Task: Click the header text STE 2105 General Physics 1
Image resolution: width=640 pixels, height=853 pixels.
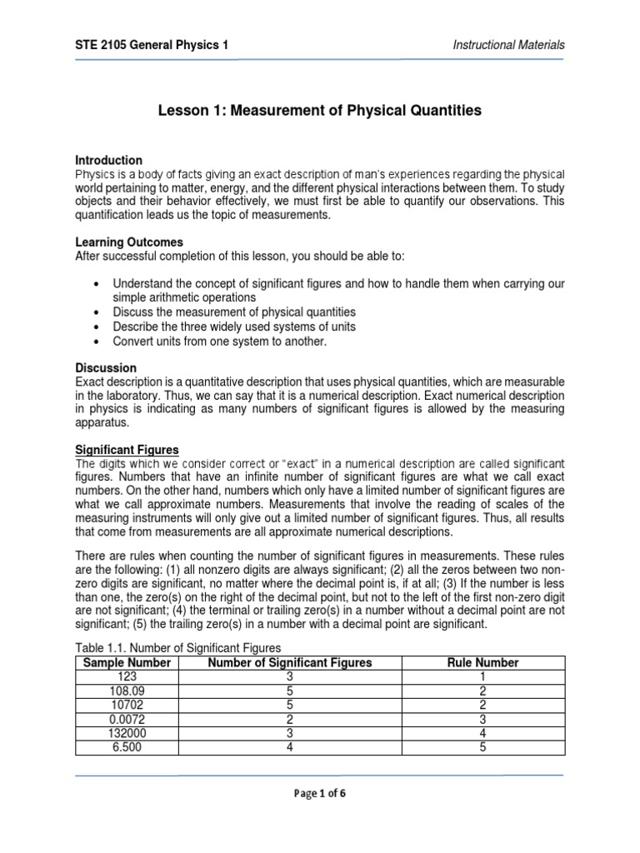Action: coord(152,44)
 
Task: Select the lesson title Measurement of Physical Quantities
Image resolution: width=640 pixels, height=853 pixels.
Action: coord(320,110)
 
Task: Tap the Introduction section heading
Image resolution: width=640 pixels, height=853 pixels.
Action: coord(109,160)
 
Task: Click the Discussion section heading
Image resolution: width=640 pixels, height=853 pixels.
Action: coord(106,367)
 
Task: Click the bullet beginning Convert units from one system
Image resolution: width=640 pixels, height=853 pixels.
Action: coord(219,342)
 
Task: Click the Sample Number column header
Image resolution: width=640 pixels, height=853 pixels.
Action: coord(123,663)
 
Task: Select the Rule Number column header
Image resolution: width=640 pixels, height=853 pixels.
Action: coord(483,663)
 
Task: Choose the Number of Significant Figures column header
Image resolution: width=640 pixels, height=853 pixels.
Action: coord(289,663)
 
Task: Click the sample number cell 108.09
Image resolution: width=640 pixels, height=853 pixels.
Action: coord(123,691)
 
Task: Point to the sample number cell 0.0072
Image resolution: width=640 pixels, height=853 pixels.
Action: coord(123,720)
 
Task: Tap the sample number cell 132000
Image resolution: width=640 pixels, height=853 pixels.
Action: coord(123,734)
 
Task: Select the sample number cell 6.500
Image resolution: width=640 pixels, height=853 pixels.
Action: coord(123,748)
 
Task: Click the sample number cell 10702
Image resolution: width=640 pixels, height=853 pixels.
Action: coord(123,706)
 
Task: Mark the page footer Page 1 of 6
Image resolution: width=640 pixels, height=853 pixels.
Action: coord(320,793)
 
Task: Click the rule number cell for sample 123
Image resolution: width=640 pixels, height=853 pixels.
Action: coord(483,677)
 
